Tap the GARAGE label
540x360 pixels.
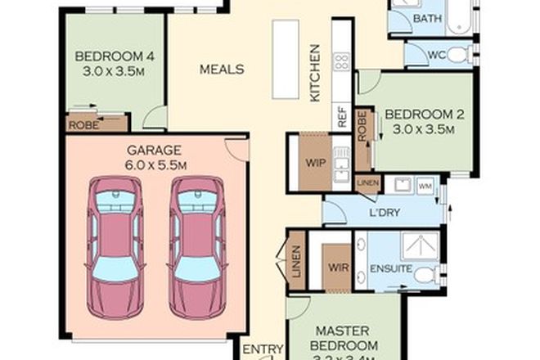click(x=156, y=151)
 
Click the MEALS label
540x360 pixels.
click(x=222, y=70)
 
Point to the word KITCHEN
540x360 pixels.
click(x=314, y=74)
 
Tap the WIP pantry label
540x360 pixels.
click(x=316, y=162)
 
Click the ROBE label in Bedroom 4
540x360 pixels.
click(x=83, y=125)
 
